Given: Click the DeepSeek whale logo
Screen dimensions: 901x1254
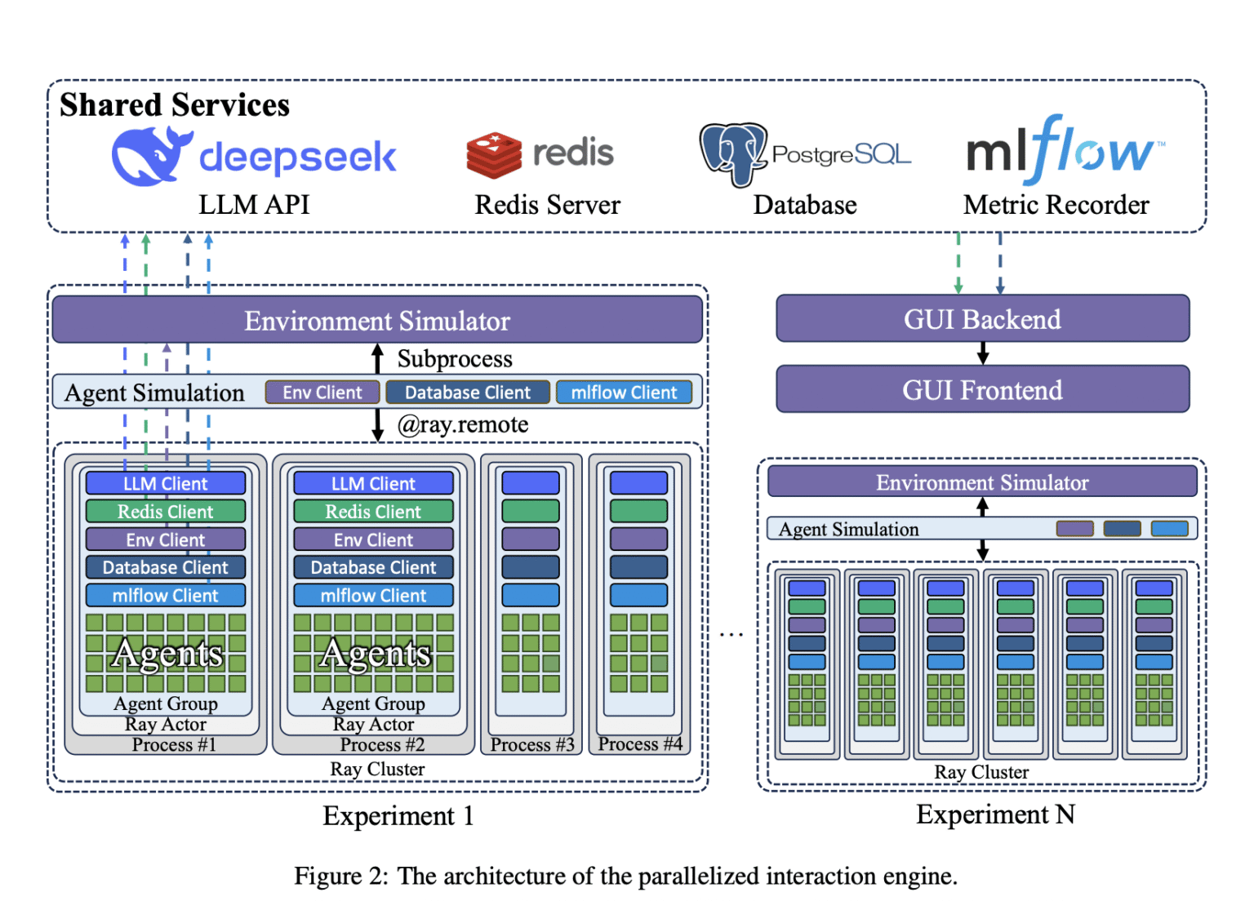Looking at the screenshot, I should (150, 155).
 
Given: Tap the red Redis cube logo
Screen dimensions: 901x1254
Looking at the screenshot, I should (494, 154).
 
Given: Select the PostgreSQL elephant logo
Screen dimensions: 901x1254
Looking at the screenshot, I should (732, 153).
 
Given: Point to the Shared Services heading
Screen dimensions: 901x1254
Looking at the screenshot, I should (175, 105).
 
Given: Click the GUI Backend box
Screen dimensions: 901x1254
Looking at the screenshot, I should (982, 319).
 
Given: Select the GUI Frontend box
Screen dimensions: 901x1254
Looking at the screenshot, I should (982, 390).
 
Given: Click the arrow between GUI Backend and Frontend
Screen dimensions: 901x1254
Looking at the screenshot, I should (983, 353).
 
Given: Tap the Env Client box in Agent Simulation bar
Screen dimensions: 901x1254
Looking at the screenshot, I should (322, 393).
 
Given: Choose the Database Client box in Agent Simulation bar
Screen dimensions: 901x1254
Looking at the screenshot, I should (468, 393).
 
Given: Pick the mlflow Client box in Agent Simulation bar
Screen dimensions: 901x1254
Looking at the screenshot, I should (624, 393).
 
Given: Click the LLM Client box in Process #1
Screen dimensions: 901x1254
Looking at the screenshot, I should (166, 483).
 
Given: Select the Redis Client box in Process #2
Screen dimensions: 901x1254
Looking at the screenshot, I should (373, 512).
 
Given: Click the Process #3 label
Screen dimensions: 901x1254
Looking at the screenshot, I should (532, 744).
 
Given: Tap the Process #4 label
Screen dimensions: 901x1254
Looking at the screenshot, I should (640, 743).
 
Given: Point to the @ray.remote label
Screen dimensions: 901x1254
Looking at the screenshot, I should (463, 424).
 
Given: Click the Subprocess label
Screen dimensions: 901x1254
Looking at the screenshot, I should (455, 359).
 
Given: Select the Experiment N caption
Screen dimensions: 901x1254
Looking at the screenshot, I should (995, 814).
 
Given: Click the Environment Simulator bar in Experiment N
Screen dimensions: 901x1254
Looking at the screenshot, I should (982, 482).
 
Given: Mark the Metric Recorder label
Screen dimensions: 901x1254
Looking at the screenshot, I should (1056, 205).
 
